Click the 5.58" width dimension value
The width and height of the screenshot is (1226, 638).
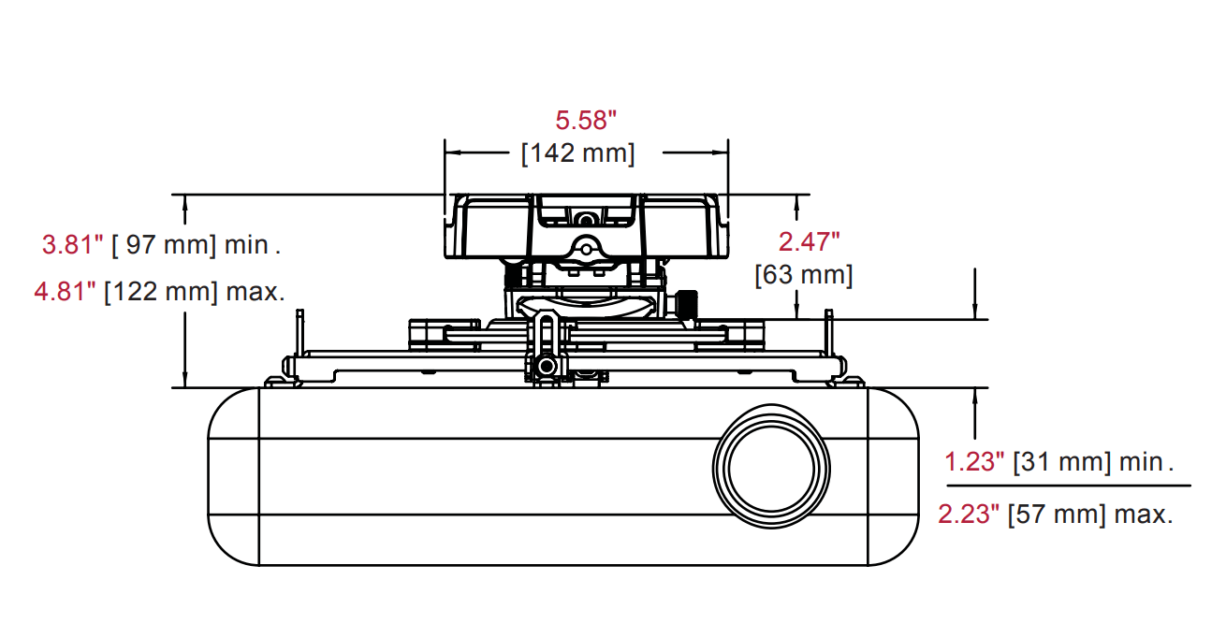click(x=587, y=120)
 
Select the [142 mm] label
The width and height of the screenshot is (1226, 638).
click(x=577, y=152)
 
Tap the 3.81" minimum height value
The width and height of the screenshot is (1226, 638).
click(x=72, y=246)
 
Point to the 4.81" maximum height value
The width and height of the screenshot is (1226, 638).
click(x=66, y=292)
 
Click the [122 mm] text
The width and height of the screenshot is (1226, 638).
click(x=160, y=292)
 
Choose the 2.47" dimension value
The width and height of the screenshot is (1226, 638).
click(x=810, y=241)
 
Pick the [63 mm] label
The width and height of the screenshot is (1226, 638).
click(x=804, y=275)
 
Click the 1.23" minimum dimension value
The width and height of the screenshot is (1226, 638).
click(x=974, y=461)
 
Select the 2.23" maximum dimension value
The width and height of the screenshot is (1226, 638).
click(x=969, y=514)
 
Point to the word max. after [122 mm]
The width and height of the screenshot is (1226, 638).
click(x=255, y=292)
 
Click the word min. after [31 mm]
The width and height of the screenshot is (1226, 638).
click(x=1146, y=461)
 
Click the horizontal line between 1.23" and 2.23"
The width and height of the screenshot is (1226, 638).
click(x=1068, y=486)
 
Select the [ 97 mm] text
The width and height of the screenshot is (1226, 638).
click(x=164, y=246)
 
